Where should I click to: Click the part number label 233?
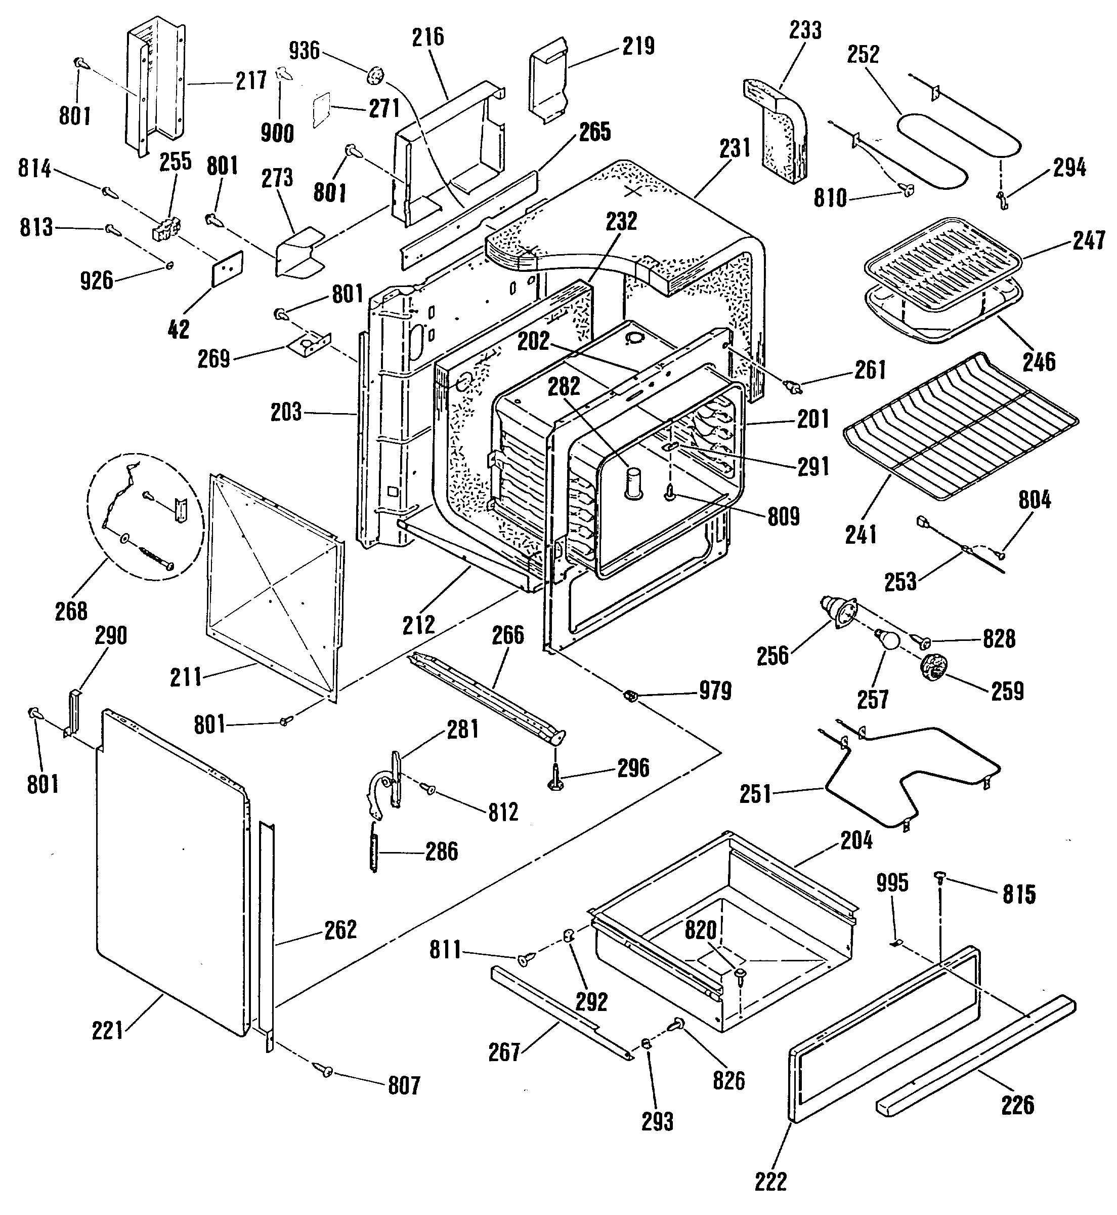click(806, 30)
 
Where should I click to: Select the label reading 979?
click(715, 691)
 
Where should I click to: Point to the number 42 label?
click(178, 329)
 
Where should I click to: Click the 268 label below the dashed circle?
click(71, 612)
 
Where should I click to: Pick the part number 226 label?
click(1018, 1105)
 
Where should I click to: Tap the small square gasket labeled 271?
click(323, 110)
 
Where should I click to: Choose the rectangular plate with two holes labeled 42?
click(227, 267)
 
